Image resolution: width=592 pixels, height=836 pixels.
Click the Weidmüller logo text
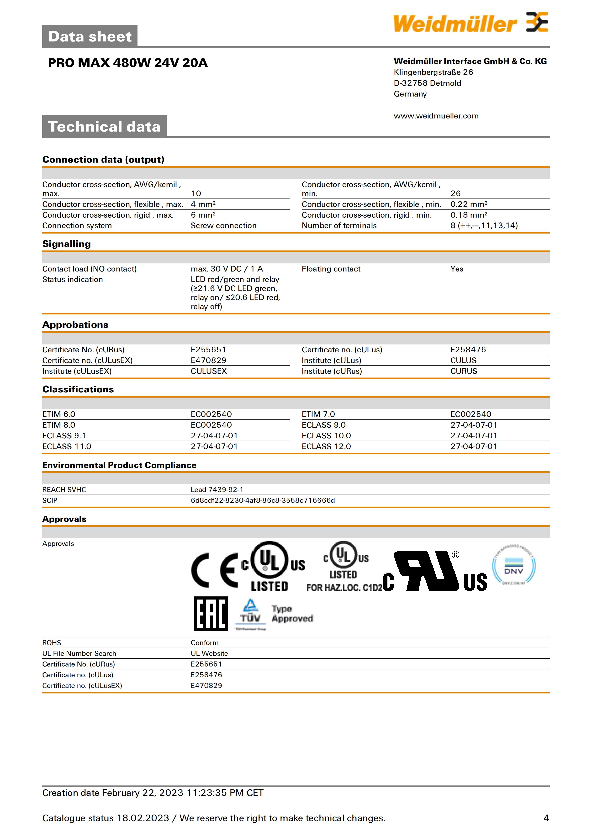point(455,24)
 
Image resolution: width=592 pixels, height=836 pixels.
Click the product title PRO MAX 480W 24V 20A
point(127,63)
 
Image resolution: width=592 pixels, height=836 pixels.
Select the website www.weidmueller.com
point(436,116)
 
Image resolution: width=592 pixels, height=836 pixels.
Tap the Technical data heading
point(104,127)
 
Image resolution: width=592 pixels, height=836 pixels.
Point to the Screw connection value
point(223,226)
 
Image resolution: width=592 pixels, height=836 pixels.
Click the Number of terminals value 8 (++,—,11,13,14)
point(484,226)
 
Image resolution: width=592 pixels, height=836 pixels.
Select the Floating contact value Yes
point(456,269)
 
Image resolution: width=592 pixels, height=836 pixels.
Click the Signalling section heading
point(66,244)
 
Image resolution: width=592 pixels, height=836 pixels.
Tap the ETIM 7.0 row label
point(318,414)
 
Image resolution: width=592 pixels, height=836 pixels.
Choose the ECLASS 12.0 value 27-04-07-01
point(474,446)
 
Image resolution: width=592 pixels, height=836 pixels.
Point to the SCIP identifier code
point(263,500)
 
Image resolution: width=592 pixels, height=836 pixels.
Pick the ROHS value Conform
point(205,643)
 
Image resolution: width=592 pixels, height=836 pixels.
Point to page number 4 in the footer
point(546,818)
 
